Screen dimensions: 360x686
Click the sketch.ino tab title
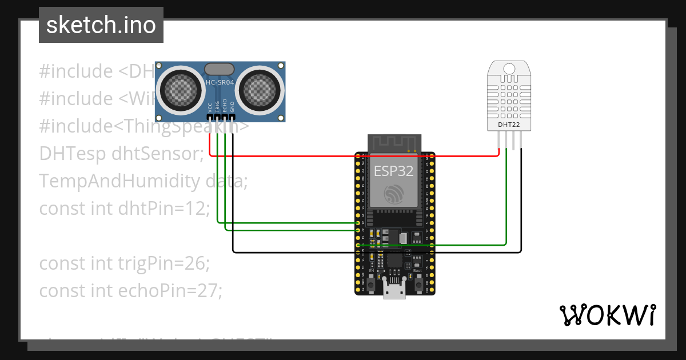click(101, 25)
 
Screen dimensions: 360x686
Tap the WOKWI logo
click(607, 315)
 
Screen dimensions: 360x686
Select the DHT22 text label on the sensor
click(508, 124)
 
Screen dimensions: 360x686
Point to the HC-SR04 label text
click(220, 83)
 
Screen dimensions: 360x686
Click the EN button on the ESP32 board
click(370, 283)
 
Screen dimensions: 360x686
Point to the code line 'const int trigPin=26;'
click(125, 263)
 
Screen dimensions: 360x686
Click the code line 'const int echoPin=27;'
click(130, 291)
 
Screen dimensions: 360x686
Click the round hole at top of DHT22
click(509, 69)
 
